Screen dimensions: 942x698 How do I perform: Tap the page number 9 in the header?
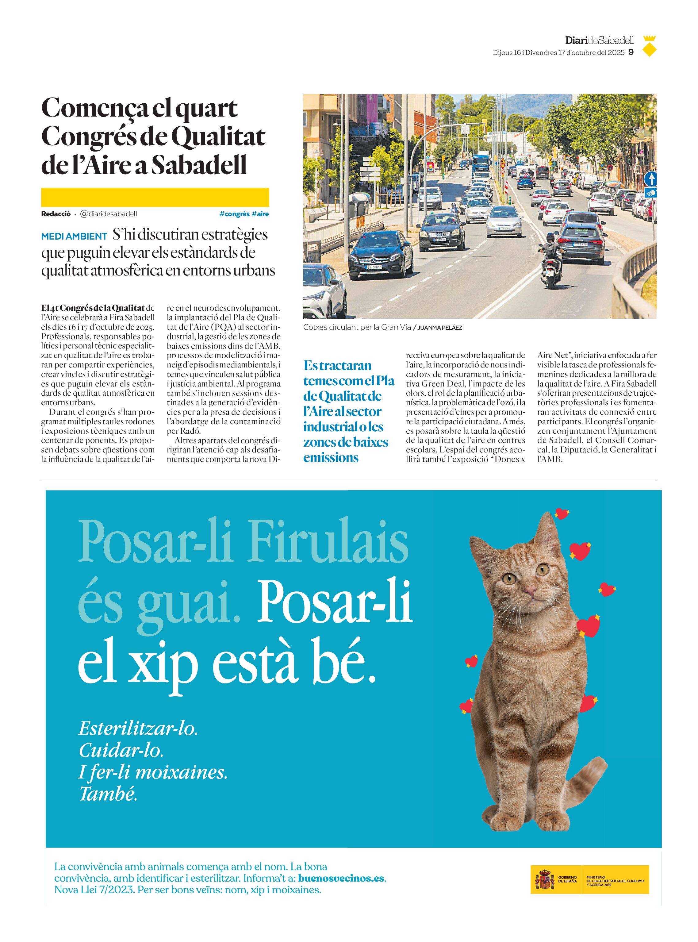click(x=631, y=52)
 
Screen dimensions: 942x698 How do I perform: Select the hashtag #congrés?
click(x=235, y=214)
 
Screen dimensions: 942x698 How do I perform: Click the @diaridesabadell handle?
click(x=109, y=214)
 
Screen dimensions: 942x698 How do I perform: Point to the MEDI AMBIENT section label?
click(x=74, y=236)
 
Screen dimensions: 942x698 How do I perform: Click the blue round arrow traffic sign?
click(x=651, y=179)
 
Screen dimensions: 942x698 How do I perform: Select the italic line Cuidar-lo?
click(x=121, y=750)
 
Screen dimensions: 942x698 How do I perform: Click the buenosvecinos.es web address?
click(x=341, y=878)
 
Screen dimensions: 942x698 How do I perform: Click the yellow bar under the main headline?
click(x=155, y=197)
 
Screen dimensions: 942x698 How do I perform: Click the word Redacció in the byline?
click(x=56, y=214)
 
